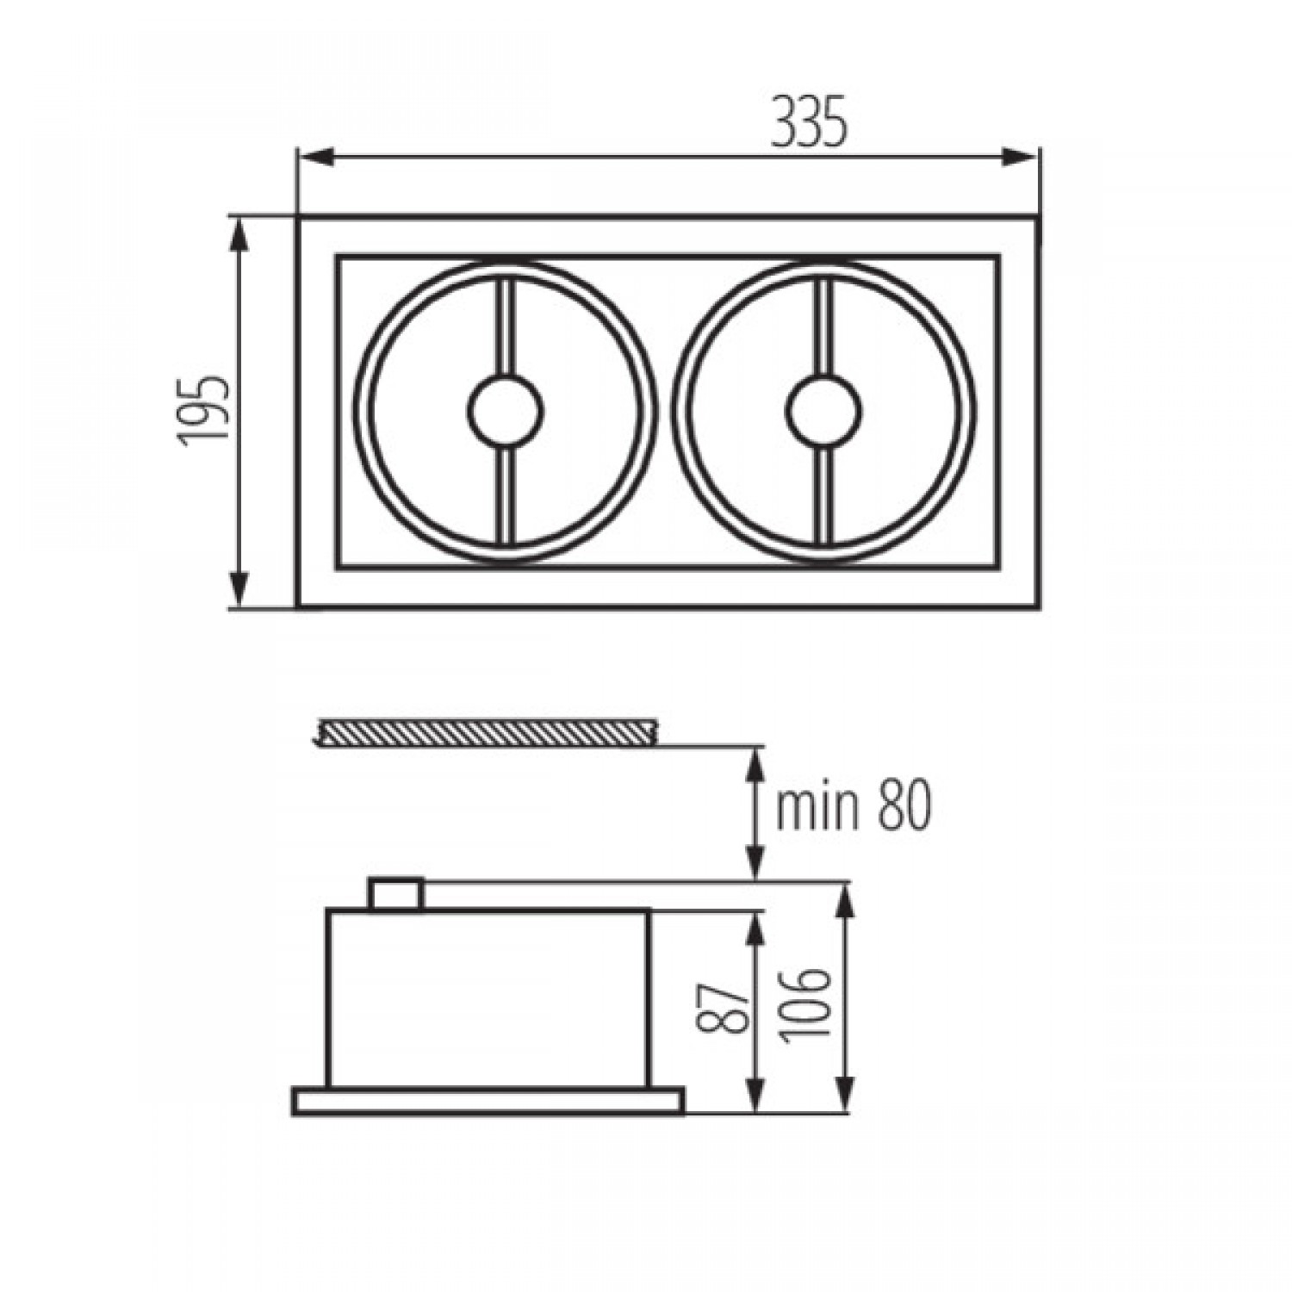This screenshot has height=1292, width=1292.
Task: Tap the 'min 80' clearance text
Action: coord(854,807)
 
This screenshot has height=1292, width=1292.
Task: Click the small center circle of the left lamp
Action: coord(506,412)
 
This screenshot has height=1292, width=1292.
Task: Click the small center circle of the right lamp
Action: coord(824,412)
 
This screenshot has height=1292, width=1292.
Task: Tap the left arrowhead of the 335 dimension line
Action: coord(315,157)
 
